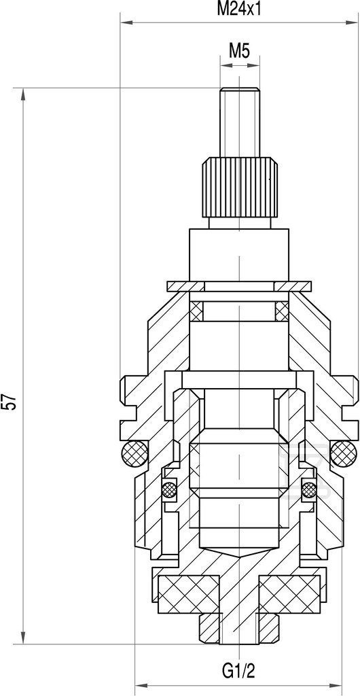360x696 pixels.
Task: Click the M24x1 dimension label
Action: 238,10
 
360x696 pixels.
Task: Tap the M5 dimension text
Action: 239,52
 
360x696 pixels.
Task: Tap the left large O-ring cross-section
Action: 134,453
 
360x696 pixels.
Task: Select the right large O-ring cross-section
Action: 344,453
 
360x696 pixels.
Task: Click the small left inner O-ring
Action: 169,489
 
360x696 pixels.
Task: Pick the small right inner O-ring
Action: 308,489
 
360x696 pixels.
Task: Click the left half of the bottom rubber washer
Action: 188,594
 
